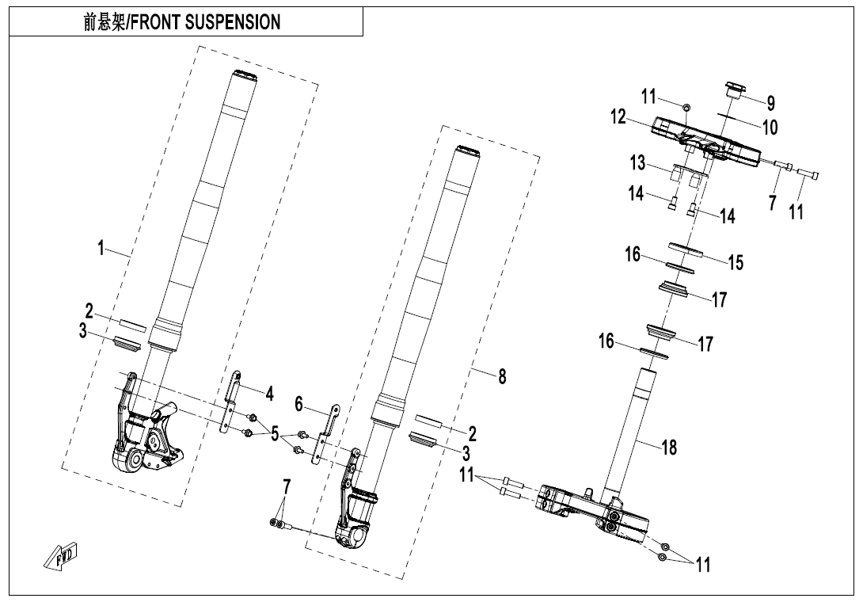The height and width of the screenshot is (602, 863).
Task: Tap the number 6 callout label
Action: tap(299, 404)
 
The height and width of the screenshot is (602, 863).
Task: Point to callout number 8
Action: tap(502, 379)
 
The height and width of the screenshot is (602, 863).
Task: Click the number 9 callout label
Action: tap(770, 103)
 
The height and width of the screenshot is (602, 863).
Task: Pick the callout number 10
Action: tap(770, 127)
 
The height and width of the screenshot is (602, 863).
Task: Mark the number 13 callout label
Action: tap(638, 164)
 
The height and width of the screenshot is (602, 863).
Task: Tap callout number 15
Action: tap(736, 262)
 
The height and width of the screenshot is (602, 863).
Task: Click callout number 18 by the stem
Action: tap(669, 448)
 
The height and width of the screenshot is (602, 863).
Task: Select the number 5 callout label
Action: tap(276, 435)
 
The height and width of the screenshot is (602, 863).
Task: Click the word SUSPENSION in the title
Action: tap(232, 22)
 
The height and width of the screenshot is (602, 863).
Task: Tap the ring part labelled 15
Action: tap(686, 249)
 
